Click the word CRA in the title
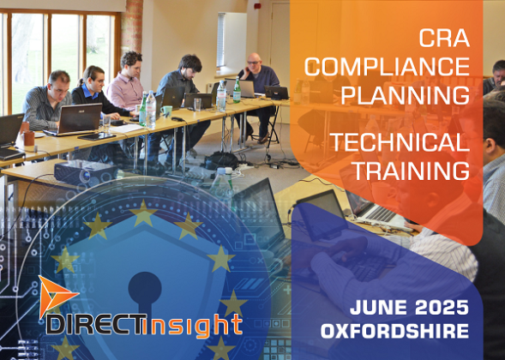point(444,39)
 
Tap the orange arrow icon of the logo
point(54,297)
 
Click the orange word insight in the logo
point(200,325)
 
